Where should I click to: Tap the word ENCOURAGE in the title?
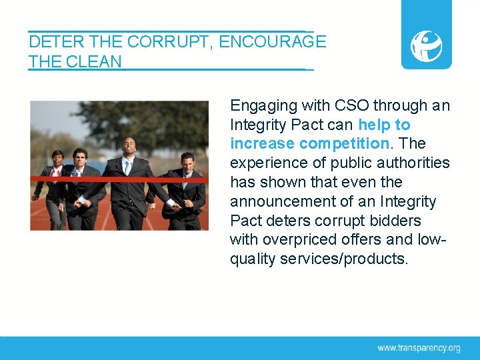point(272,42)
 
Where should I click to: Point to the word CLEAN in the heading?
point(95,63)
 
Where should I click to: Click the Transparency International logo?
point(426,45)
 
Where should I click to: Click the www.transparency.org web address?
point(419,347)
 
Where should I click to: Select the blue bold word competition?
point(343,143)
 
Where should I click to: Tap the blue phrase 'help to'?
point(384,125)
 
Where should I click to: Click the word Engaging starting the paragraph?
point(262,105)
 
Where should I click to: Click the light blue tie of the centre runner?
point(127,167)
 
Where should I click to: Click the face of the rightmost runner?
point(187,160)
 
